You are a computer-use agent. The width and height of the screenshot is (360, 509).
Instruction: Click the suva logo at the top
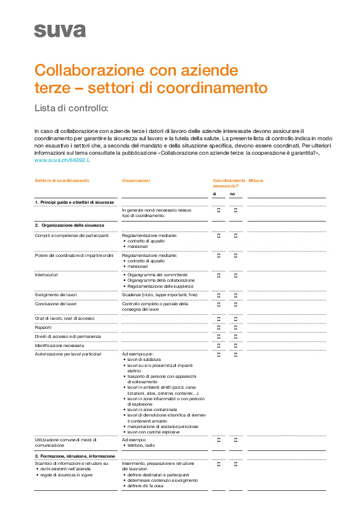point(59,30)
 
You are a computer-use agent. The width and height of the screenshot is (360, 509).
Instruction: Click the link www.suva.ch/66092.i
point(62,160)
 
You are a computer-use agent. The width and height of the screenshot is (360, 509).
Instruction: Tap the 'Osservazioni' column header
point(136,181)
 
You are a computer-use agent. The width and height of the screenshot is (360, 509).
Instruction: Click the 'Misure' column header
point(256,181)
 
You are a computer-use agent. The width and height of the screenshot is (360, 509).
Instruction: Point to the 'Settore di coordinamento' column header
point(62,181)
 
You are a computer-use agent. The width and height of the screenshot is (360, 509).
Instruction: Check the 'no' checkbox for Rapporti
point(235,327)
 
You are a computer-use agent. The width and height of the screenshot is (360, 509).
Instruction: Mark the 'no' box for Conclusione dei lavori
point(235,304)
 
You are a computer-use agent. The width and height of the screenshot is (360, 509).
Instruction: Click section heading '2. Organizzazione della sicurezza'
point(69,225)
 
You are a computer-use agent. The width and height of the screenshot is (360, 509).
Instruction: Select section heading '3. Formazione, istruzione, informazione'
point(75,456)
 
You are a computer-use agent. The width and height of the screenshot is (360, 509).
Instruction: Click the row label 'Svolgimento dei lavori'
point(56,294)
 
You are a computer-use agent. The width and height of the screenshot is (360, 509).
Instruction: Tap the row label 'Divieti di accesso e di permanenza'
point(68,336)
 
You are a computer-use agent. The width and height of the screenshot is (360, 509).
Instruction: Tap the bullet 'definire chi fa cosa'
point(145,485)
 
